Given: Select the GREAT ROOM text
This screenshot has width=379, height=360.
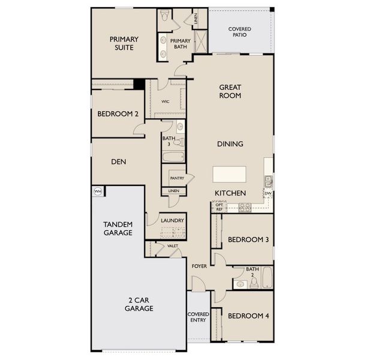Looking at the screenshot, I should [x=230, y=91].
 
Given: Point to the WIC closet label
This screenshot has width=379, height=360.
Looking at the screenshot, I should [x=165, y=101].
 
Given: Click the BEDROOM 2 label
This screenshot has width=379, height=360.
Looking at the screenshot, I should [x=118, y=113].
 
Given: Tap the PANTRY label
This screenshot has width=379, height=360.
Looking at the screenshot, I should [x=176, y=178].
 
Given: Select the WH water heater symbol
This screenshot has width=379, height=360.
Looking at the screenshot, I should [x=97, y=192].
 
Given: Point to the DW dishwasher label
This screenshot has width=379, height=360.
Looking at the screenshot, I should [x=268, y=193].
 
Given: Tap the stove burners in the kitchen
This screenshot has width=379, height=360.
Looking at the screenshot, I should [x=245, y=207].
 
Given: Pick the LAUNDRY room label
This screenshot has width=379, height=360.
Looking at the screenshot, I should [x=172, y=220].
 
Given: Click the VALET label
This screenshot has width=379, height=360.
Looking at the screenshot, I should [x=173, y=245].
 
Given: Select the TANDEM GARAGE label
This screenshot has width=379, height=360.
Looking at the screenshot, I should [x=118, y=228].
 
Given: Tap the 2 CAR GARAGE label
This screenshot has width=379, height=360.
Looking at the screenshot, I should [x=139, y=304].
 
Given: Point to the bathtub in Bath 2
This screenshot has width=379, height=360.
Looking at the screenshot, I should [x=267, y=278].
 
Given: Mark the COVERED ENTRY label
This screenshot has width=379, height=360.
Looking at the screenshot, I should [x=198, y=317].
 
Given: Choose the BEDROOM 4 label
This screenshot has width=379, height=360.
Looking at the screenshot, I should [x=248, y=316].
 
